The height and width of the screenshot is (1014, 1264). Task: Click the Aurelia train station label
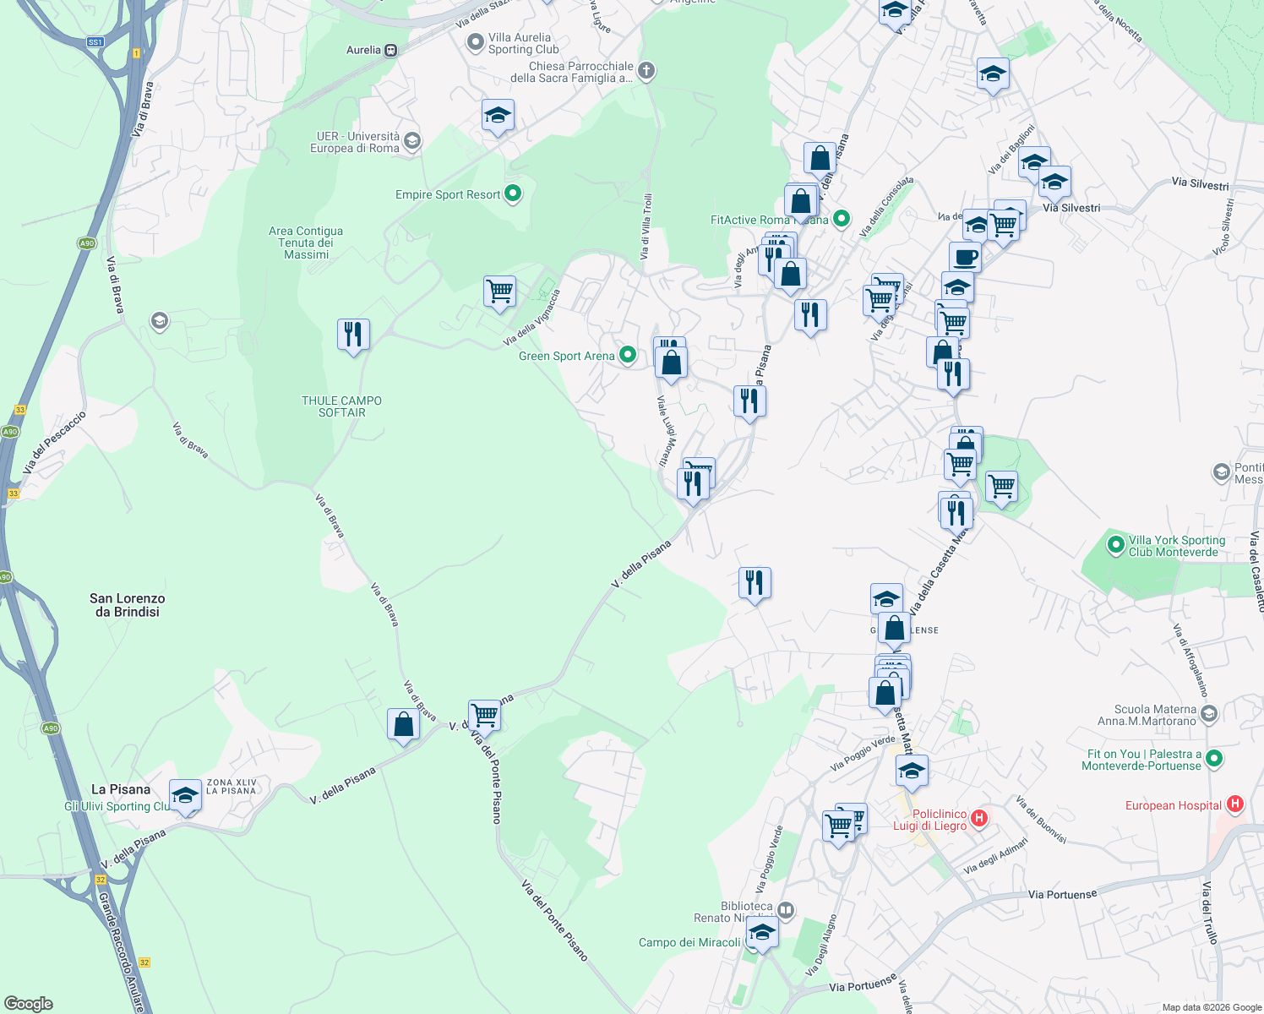click(364, 50)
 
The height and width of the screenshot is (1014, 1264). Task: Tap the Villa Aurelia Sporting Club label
click(520, 43)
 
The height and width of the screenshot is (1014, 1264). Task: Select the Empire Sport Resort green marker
click(512, 194)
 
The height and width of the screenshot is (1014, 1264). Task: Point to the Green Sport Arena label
click(566, 356)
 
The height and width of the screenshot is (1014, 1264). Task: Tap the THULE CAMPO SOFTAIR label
click(341, 406)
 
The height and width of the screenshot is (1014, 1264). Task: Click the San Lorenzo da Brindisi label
click(128, 605)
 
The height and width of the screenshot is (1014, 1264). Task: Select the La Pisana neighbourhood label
click(121, 789)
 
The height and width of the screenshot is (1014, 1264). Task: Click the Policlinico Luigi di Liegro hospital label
click(929, 820)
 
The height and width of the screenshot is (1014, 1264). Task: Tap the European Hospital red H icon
click(1234, 804)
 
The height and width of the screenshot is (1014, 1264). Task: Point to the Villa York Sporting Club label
click(1177, 546)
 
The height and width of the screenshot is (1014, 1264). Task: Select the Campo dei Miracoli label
click(689, 942)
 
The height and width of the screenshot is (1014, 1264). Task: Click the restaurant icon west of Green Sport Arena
click(353, 335)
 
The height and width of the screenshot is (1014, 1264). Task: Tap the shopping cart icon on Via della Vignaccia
click(499, 292)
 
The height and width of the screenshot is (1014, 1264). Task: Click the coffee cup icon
click(965, 256)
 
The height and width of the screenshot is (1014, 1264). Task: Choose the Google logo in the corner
click(28, 1003)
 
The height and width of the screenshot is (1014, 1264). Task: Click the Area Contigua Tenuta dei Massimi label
click(306, 243)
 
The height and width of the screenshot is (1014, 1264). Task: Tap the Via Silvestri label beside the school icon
click(1071, 207)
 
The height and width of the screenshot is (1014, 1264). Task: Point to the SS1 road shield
click(95, 41)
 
